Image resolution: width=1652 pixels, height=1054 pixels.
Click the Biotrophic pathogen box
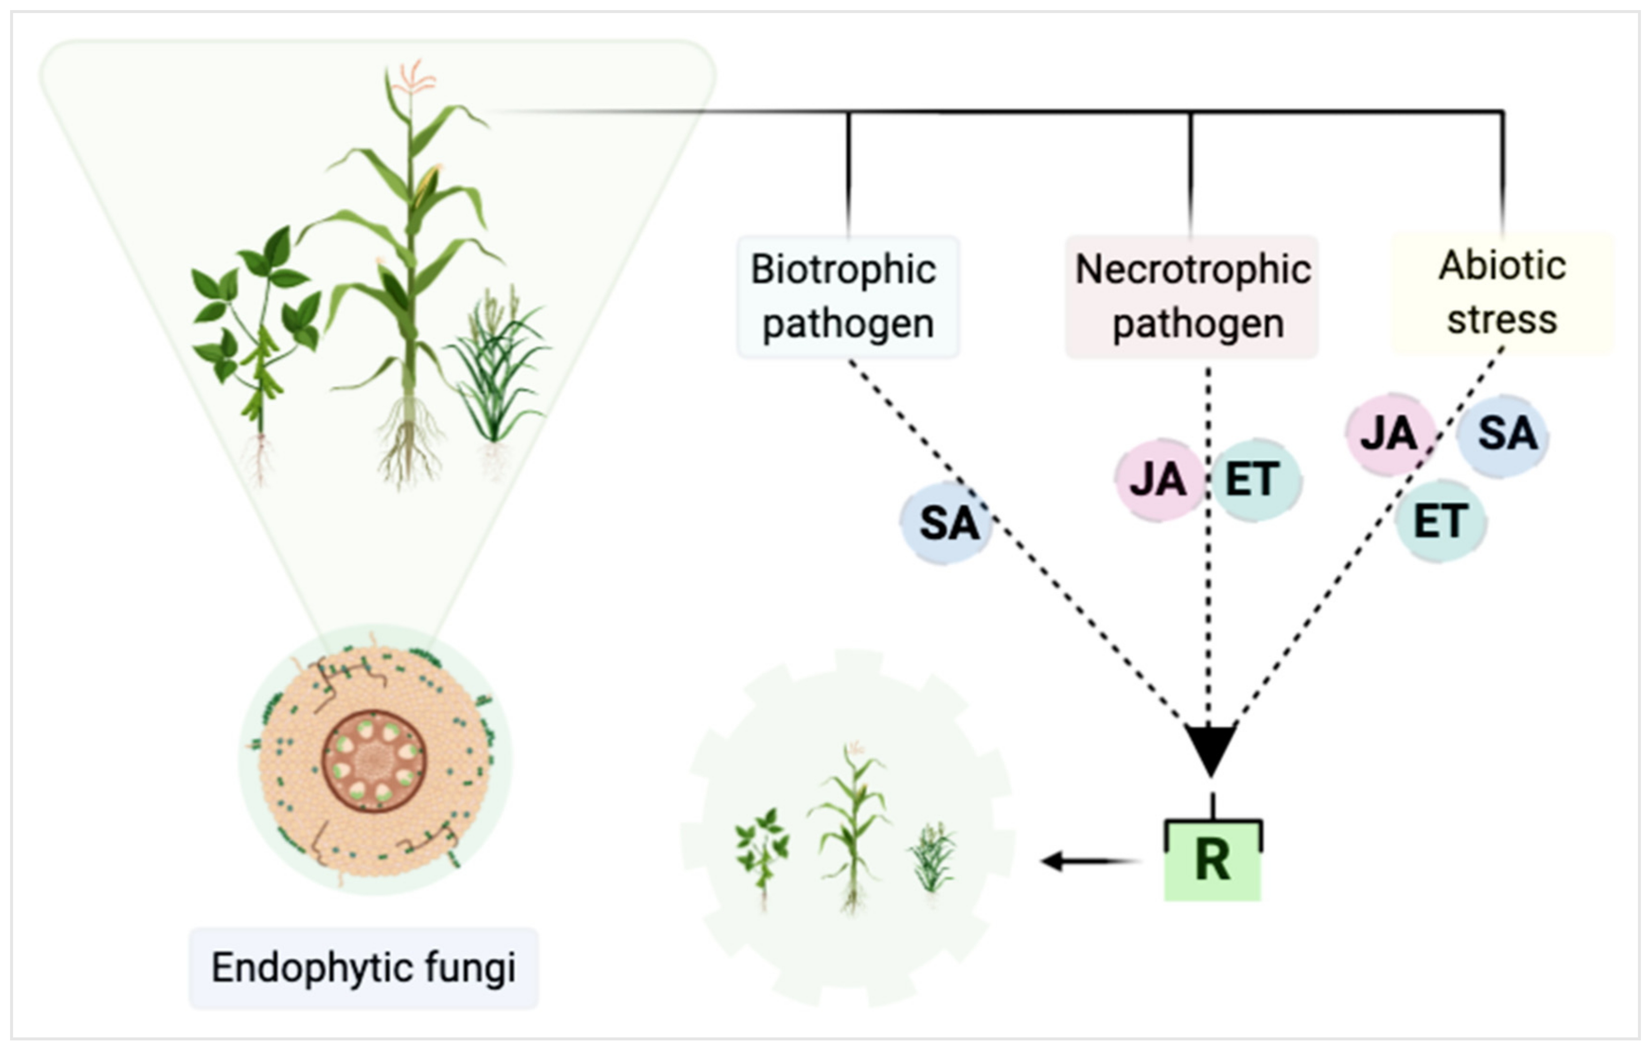848,296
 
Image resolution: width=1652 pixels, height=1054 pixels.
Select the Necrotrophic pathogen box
1192,296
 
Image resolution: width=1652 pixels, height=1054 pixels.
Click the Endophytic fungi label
364,968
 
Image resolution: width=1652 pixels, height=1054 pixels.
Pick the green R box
1212,860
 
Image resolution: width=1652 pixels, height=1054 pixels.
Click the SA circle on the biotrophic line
947,523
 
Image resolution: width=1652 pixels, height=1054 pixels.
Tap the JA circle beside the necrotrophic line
1158,479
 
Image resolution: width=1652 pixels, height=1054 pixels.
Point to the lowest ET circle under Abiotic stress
1441,521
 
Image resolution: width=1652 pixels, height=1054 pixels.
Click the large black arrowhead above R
1211,747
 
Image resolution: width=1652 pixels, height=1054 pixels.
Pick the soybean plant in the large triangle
257,329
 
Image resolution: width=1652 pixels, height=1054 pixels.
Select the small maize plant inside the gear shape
851,823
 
